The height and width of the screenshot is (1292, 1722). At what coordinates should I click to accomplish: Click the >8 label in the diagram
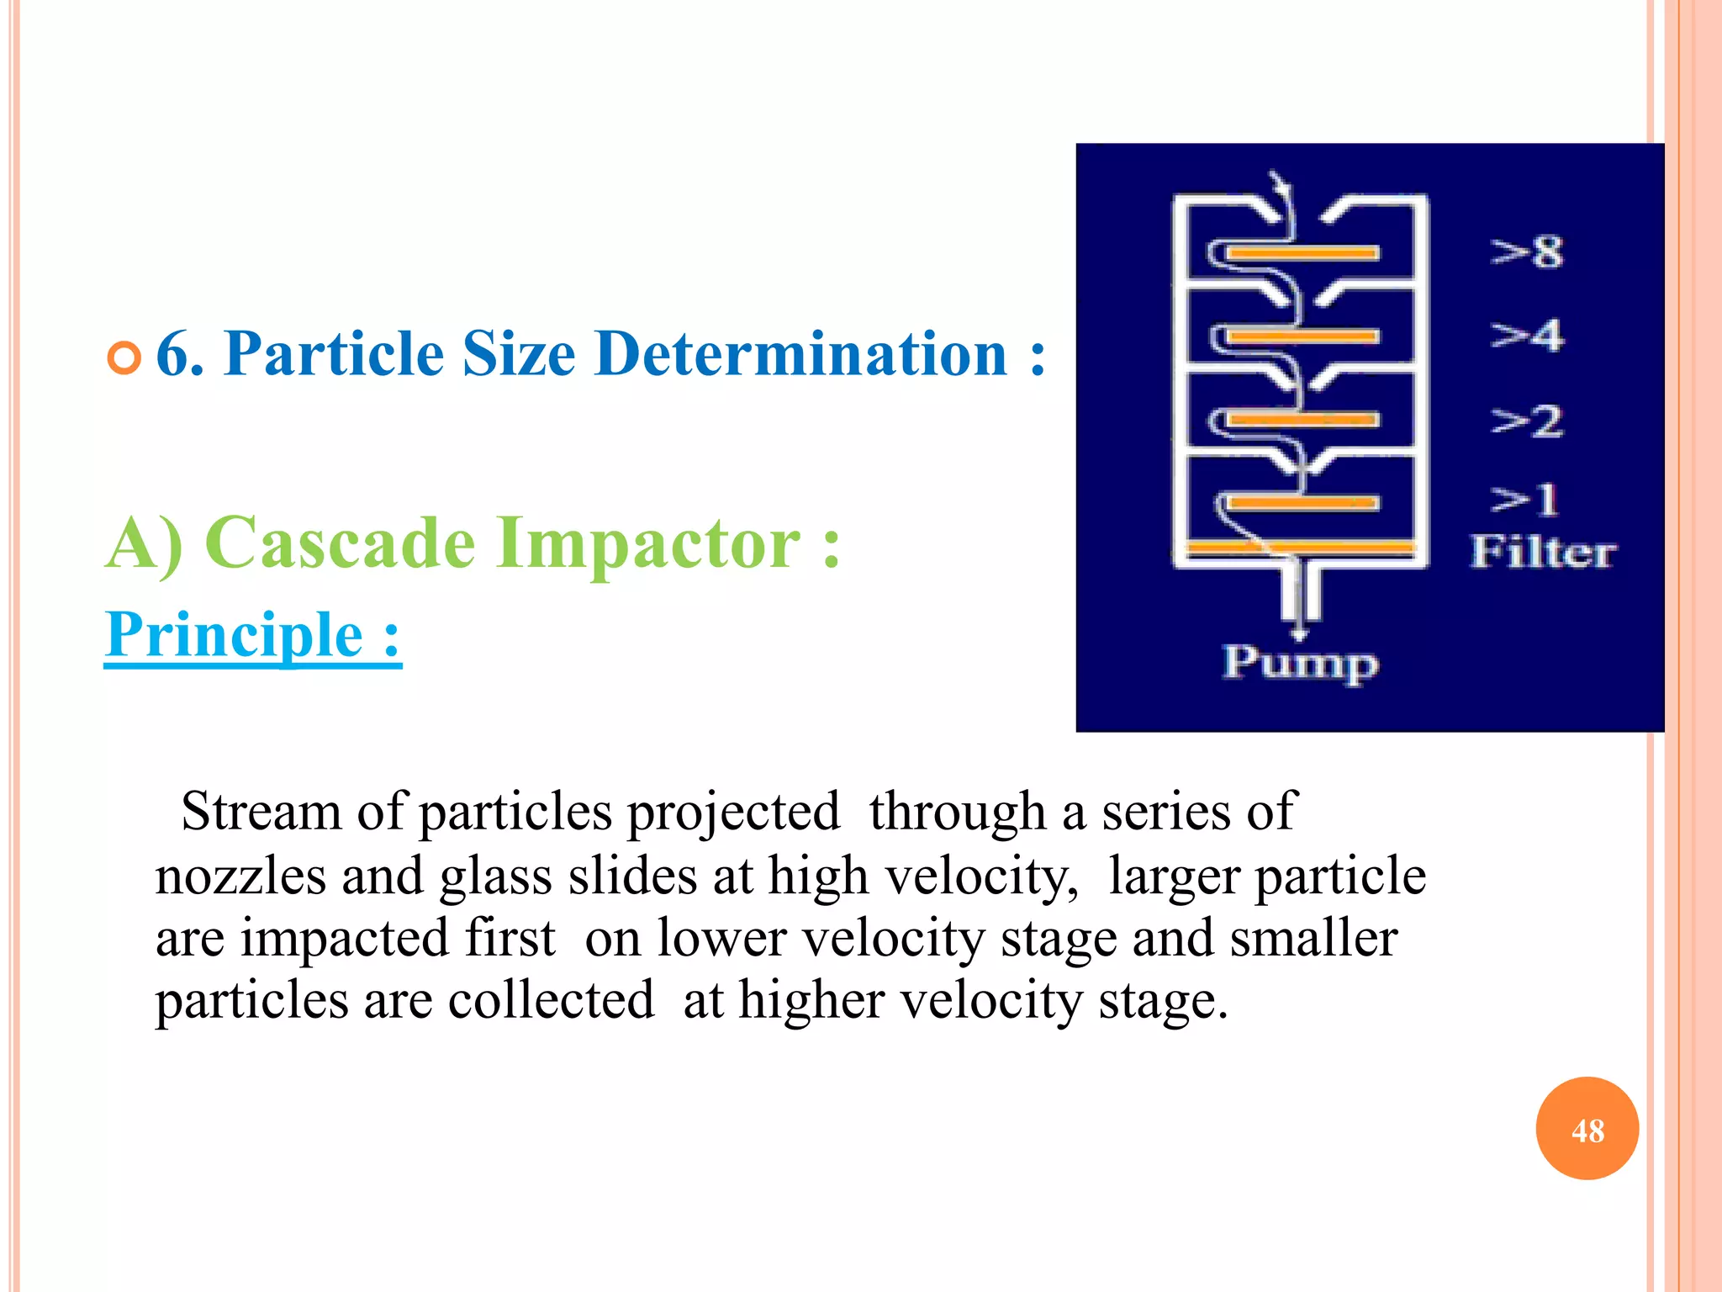point(1527,252)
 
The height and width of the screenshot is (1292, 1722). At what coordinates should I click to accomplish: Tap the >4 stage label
point(1527,336)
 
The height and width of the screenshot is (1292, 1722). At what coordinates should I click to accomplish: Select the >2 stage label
point(1527,421)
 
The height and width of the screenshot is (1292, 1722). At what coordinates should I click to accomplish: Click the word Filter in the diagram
point(1542,553)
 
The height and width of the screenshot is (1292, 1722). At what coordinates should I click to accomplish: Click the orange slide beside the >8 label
point(1302,252)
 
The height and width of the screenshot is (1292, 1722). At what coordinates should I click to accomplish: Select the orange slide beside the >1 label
point(1302,503)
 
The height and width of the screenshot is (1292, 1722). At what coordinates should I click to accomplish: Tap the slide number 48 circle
point(1587,1129)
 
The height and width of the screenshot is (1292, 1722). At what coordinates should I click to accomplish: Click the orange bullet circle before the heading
point(124,358)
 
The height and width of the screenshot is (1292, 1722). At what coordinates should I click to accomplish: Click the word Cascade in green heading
point(340,543)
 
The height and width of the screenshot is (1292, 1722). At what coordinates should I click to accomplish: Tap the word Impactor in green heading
point(647,543)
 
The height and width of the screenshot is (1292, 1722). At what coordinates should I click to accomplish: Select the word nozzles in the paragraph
point(240,876)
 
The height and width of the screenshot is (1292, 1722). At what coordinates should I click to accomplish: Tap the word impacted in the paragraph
point(398,939)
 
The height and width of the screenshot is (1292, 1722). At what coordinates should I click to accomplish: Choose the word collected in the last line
point(551,1001)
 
